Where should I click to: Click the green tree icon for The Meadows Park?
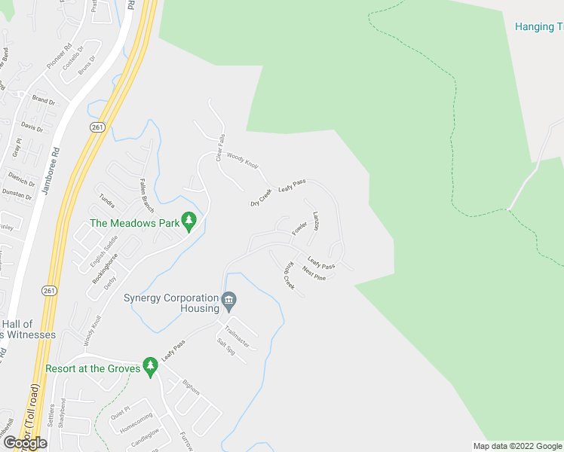click(x=189, y=221)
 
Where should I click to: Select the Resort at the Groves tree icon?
click(x=151, y=367)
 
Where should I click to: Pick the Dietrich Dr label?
click(x=22, y=179)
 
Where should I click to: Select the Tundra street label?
click(x=107, y=201)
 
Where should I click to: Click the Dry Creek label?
click(x=261, y=198)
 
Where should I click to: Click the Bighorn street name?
click(x=192, y=386)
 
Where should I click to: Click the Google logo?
click(x=26, y=443)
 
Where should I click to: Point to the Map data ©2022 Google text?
click(x=517, y=446)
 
